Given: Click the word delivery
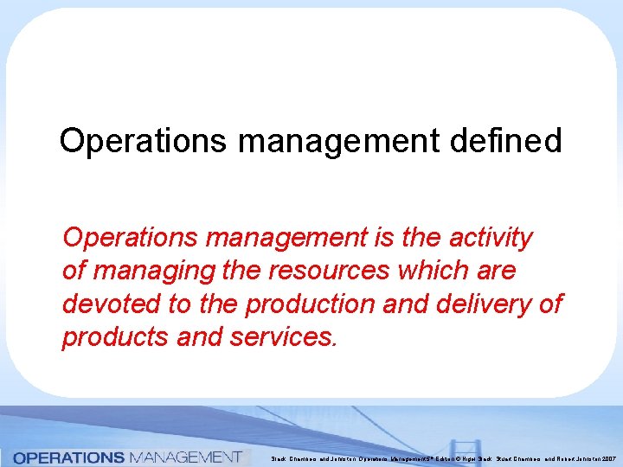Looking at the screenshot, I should coord(481,304).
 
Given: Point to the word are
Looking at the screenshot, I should coord(497,271).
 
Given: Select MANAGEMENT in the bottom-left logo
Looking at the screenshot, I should coord(183,457).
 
